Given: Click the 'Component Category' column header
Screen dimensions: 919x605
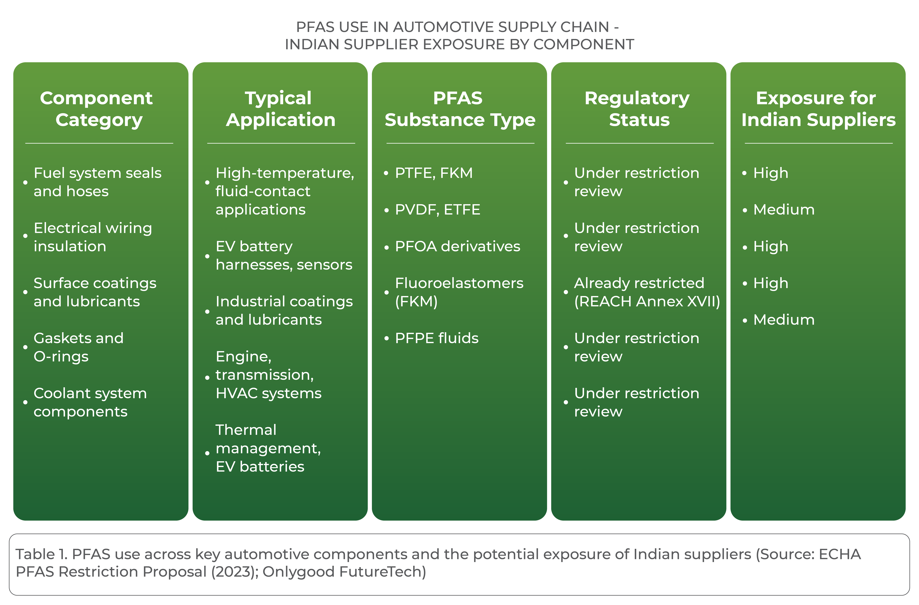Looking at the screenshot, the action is tap(97, 109).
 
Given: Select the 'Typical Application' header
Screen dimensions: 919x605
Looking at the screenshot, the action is tap(281, 109).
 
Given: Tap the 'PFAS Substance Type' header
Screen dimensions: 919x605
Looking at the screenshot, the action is tap(460, 109).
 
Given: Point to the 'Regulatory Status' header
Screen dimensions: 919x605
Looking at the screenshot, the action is tap(638, 109).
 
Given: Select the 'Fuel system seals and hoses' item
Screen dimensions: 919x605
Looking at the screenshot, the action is tap(97, 182).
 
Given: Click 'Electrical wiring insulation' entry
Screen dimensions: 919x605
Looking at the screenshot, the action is tap(93, 237).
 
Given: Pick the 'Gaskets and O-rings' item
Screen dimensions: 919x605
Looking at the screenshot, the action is tap(78, 347).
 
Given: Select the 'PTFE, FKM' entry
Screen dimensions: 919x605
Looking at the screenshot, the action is tap(433, 173).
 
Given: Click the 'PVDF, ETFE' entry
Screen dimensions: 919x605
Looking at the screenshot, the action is tap(437, 210).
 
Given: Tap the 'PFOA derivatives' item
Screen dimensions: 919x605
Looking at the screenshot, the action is tap(457, 246).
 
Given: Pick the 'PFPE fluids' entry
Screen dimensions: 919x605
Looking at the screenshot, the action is tap(437, 338).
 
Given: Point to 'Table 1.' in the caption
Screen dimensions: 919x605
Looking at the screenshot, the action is tap(42, 554).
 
